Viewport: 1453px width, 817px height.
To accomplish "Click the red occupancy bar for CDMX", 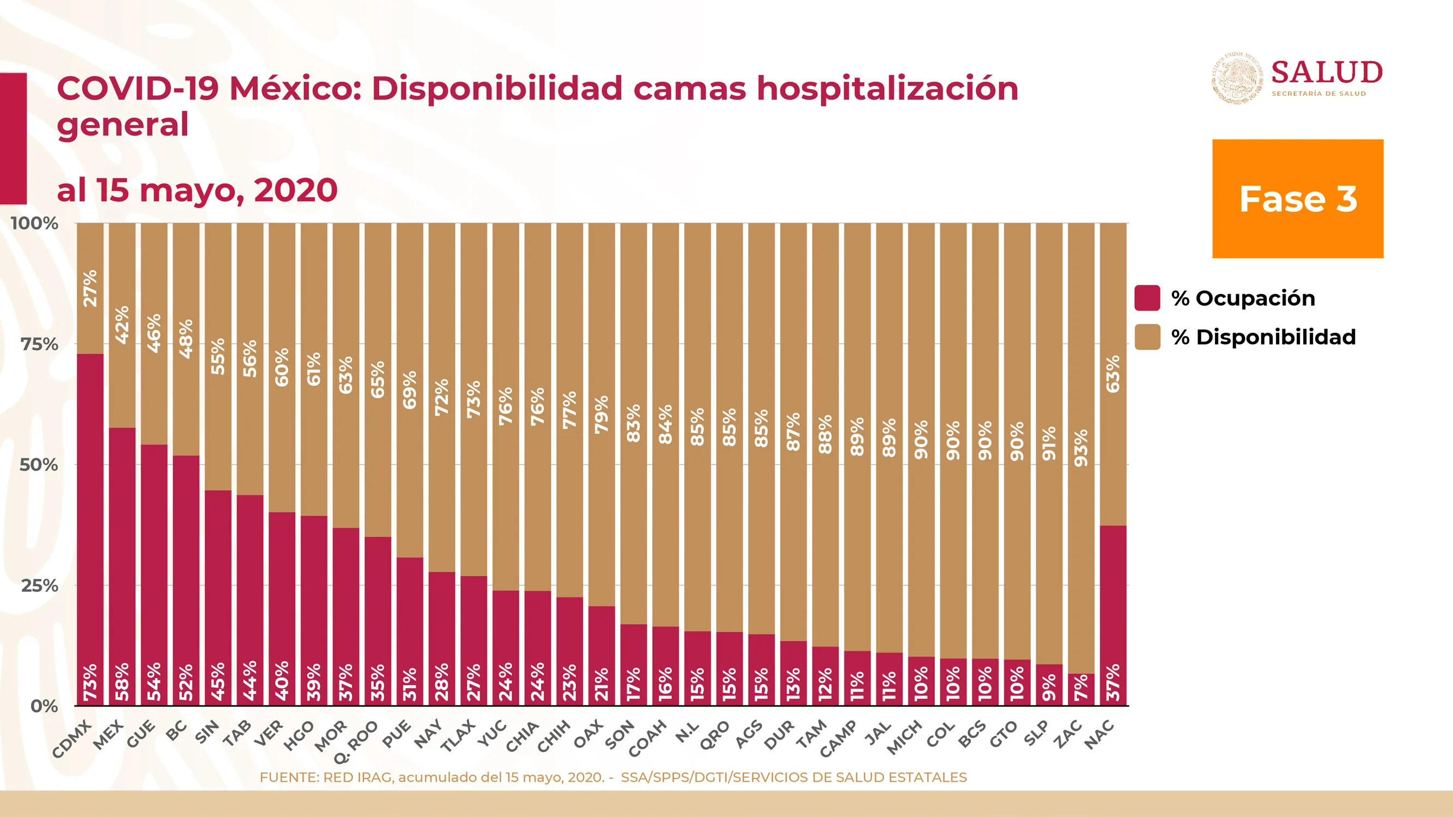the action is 90,529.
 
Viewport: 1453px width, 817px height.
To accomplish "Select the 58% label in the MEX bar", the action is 123,681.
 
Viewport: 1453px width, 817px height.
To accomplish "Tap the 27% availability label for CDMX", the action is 90,288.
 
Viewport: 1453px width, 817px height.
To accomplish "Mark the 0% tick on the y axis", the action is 44,706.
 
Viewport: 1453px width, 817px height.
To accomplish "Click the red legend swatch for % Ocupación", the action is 1147,298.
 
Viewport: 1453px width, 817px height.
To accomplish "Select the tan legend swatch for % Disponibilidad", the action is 1147,337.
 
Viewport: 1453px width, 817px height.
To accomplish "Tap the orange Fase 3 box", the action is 1298,198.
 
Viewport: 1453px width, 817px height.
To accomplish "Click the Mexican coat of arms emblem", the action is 1238,78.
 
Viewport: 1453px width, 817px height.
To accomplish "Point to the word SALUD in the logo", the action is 1327,72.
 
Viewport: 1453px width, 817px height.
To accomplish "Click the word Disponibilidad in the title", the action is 497,89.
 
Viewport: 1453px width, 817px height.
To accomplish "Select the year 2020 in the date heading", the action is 296,190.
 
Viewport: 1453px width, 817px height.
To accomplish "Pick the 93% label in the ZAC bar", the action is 1081,448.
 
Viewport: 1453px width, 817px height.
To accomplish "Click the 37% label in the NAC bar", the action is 1113,682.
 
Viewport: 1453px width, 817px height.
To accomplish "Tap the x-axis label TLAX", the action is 458,736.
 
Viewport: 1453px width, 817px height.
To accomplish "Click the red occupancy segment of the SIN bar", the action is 218,597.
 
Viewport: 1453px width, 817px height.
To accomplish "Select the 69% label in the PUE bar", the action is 410,389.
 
